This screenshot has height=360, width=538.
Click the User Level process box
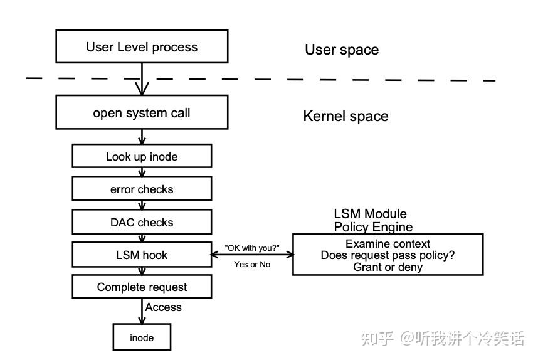click(142, 47)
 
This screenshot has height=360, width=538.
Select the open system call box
click(142, 113)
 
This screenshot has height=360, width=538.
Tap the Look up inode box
click(142, 157)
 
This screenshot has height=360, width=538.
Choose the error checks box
click(142, 189)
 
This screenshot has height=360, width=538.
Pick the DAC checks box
click(142, 223)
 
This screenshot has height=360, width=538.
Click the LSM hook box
click(142, 255)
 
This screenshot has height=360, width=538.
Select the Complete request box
click(142, 287)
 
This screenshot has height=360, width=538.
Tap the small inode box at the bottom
click(142, 337)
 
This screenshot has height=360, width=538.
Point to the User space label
click(342, 50)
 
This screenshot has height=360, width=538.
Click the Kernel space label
click(345, 117)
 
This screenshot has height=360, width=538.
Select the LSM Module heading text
click(370, 214)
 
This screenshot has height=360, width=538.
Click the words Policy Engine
click(373, 227)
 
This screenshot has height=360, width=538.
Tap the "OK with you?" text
click(252, 248)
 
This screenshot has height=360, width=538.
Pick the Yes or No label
click(252, 264)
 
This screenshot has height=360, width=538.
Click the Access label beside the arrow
click(164, 307)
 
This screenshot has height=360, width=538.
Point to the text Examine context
click(388, 244)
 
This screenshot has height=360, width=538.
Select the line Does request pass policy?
click(388, 255)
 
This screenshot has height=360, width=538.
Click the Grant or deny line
click(388, 267)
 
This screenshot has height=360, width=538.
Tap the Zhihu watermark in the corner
click(443, 339)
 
